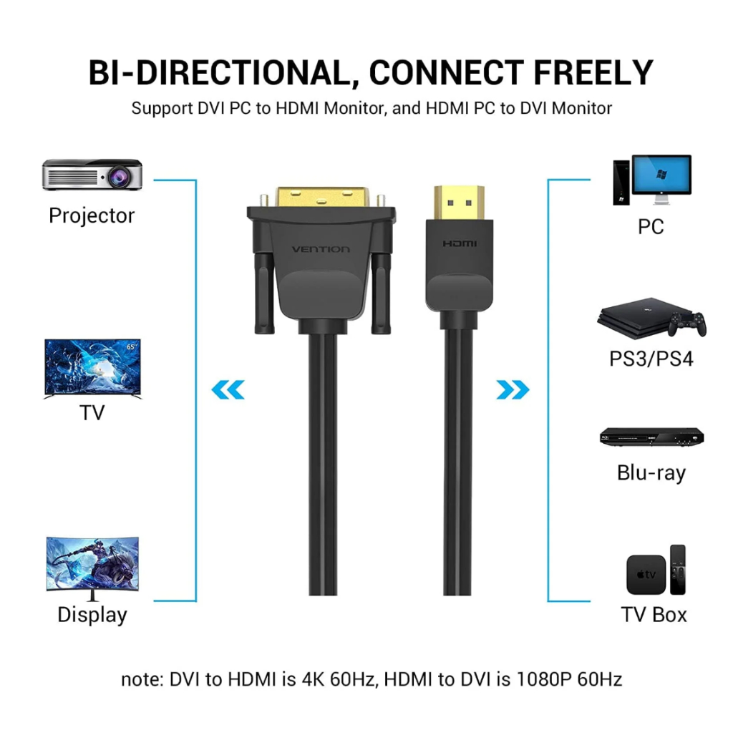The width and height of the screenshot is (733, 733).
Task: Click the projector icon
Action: [x=92, y=174]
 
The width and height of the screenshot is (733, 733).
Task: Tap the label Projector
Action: [x=92, y=215]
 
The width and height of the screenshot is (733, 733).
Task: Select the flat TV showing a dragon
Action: [x=92, y=368]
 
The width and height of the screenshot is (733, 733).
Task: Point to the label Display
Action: [x=92, y=614]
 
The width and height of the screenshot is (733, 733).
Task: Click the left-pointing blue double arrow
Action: [x=228, y=390]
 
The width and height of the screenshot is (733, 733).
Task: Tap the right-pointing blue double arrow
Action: [x=513, y=390]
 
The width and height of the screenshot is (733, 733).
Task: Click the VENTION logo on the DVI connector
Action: [x=321, y=249]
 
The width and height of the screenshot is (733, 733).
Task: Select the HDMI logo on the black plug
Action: [x=459, y=244]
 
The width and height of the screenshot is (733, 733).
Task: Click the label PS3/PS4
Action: [x=651, y=358]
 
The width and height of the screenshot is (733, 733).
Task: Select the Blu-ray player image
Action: [x=651, y=437]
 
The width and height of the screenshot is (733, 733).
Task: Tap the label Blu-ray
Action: [x=651, y=472]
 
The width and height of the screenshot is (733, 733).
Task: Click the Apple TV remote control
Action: [x=677, y=570]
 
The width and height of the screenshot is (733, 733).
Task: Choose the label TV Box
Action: [x=654, y=614]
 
